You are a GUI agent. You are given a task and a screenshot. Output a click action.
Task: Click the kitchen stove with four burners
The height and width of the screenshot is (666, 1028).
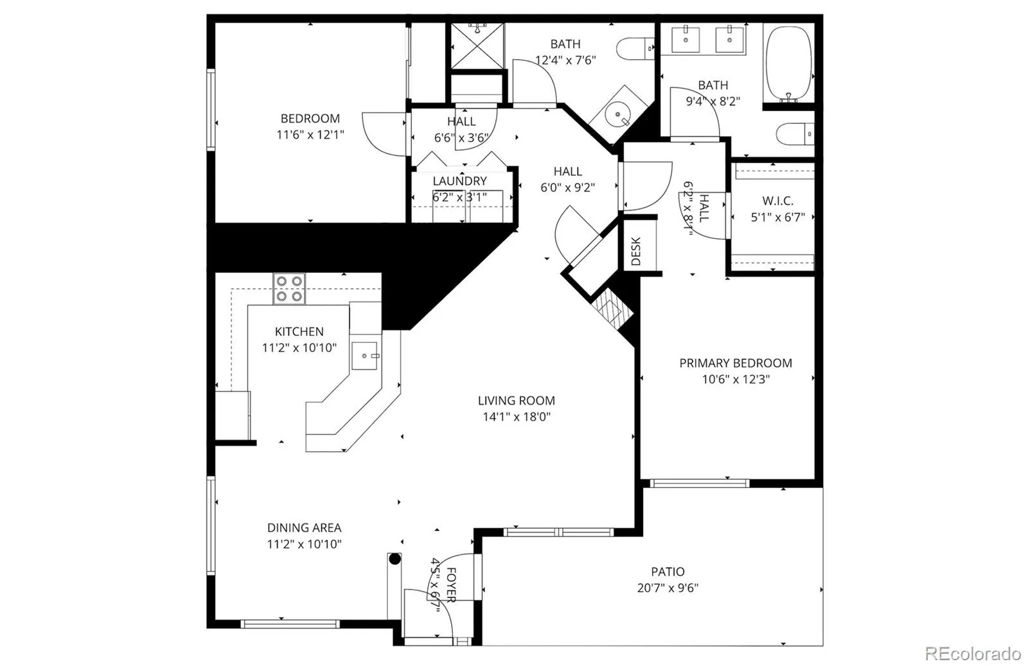[289, 288]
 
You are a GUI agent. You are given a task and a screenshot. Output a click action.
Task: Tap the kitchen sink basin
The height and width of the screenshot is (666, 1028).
[364, 355]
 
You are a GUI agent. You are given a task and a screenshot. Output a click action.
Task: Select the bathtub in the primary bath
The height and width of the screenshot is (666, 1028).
[788, 64]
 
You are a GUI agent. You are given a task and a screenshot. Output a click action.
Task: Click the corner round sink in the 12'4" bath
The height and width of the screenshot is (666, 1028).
[617, 115]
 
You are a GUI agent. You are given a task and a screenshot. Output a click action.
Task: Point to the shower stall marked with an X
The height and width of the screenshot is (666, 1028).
[477, 46]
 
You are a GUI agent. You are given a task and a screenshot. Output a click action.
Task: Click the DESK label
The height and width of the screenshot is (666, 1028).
[635, 251]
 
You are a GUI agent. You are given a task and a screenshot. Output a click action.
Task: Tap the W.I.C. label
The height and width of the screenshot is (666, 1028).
[777, 201]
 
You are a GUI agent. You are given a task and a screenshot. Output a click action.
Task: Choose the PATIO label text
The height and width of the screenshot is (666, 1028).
[668, 572]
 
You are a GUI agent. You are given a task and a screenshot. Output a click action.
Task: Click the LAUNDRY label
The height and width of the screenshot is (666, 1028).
[459, 181]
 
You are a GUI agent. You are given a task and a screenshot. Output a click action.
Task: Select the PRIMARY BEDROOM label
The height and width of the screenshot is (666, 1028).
[736, 364]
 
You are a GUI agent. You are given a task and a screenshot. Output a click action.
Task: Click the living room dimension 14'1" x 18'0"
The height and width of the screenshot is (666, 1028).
[517, 417]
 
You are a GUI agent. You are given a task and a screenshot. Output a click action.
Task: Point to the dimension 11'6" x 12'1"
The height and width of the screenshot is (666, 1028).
[310, 135]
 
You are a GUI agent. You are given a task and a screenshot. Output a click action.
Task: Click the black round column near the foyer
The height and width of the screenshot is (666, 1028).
[394, 559]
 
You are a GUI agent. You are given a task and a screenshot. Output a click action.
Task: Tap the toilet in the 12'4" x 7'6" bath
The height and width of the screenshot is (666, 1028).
[635, 48]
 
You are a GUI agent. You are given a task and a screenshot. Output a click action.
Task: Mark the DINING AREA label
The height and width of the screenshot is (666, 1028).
[305, 528]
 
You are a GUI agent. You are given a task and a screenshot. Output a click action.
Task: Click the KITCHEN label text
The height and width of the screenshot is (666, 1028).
[299, 331]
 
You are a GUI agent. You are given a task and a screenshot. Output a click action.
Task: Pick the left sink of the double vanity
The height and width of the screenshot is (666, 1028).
[686, 39]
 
